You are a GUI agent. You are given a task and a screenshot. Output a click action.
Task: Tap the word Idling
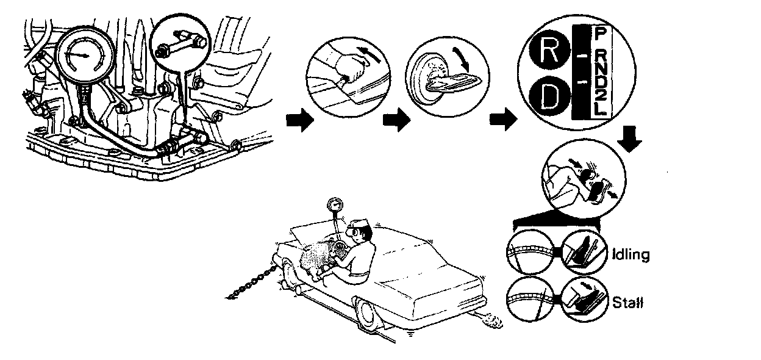point(630,254)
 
